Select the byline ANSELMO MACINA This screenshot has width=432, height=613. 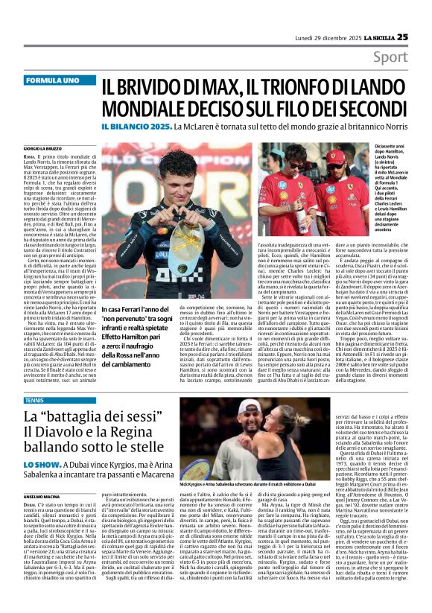pyautogui.click(x=40, y=497)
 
